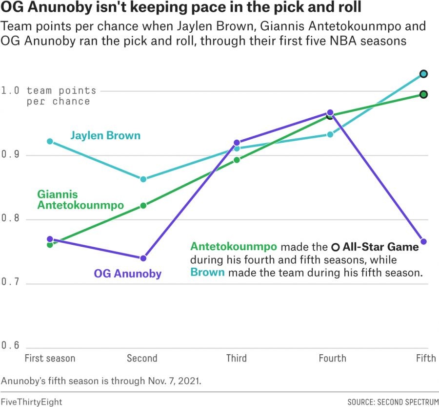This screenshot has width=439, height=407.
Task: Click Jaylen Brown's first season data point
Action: click(x=50, y=141)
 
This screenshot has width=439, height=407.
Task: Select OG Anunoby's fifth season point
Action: click(x=424, y=241)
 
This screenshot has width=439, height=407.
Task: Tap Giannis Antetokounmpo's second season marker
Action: click(x=143, y=206)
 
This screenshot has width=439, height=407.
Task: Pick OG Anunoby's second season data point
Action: click(x=143, y=258)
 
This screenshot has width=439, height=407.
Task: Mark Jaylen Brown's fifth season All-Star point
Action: click(x=424, y=74)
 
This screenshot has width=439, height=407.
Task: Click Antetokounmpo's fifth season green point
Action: click(x=424, y=94)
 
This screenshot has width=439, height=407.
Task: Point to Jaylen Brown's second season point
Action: click(x=143, y=179)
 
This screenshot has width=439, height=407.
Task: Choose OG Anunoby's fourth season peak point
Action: click(x=330, y=113)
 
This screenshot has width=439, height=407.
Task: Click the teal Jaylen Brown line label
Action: click(x=105, y=135)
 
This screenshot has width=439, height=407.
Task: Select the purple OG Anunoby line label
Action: click(x=127, y=274)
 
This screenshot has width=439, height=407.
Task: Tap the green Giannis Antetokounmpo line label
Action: click(x=80, y=200)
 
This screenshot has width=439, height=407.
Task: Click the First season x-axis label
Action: click(x=50, y=359)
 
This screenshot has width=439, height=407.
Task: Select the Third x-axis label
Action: click(x=237, y=359)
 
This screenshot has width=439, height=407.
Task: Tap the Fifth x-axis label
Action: click(x=425, y=359)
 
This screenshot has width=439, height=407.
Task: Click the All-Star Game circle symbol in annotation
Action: click(x=335, y=247)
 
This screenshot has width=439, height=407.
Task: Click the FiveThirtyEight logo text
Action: click(x=31, y=402)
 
